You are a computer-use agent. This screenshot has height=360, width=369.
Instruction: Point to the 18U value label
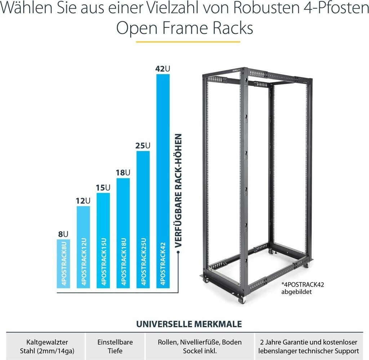click(123, 173)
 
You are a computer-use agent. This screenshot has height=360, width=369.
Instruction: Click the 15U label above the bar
click(103, 188)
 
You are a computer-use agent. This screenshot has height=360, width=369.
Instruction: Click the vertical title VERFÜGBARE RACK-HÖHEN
click(178, 190)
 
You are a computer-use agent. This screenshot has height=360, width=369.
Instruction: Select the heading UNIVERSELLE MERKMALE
click(189, 324)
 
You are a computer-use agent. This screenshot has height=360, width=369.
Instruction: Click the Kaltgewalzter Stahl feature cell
click(47, 346)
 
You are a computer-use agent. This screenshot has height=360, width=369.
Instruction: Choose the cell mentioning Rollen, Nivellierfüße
click(200, 346)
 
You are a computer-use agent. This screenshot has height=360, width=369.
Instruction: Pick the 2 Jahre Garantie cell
click(308, 346)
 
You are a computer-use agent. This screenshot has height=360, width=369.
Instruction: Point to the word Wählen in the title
click(33, 8)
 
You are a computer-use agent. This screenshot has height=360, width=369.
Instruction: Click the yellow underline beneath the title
click(188, 42)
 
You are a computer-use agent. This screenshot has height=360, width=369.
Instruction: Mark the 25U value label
click(143, 145)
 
